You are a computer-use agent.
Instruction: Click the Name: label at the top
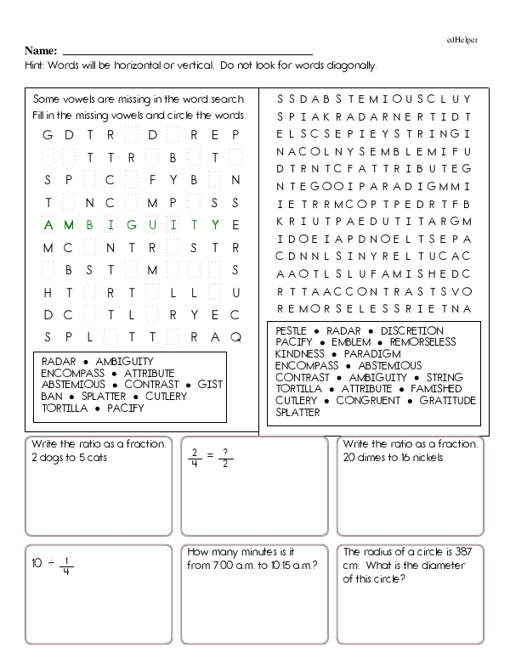click(41, 51)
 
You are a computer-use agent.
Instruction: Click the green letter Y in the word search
click(215, 224)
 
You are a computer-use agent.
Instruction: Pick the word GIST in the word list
click(210, 385)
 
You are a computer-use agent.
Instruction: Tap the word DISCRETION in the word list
click(412, 331)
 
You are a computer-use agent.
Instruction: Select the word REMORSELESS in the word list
click(422, 342)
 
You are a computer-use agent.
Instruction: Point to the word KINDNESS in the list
click(300, 354)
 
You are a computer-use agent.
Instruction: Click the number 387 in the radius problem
click(459, 551)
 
